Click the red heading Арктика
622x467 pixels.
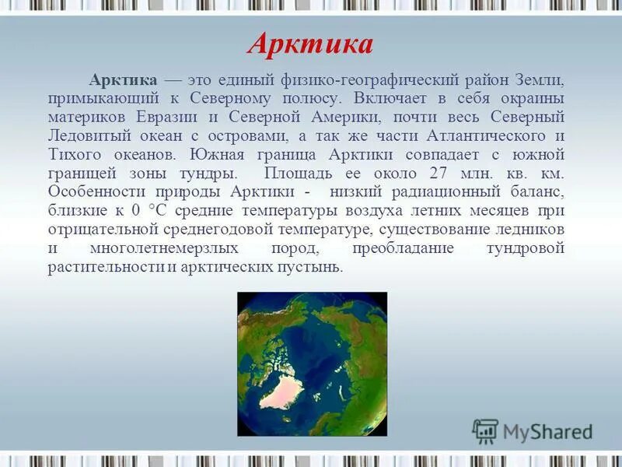pyautogui.click(x=310, y=44)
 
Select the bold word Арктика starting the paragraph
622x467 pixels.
pyautogui.click(x=124, y=81)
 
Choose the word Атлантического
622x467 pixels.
pyautogui.click(x=475, y=135)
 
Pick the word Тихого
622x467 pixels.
pyautogui.click(x=74, y=154)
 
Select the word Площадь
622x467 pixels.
pyautogui.click(x=302, y=173)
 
